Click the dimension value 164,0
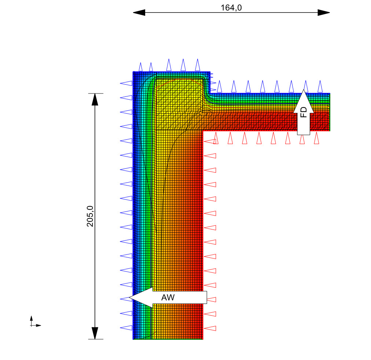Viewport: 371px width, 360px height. point(231,8)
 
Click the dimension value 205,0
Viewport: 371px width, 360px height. point(90,216)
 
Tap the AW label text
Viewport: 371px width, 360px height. point(168,297)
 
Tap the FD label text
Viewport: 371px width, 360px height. point(303,112)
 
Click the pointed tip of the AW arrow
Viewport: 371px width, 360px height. point(129,298)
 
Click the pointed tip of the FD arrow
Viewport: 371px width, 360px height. point(304,90)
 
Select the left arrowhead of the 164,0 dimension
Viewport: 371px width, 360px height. point(139,12)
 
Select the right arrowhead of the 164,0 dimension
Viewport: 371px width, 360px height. point(324,12)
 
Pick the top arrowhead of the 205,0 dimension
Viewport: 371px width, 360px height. point(95,99)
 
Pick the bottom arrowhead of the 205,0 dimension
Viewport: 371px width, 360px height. point(95,333)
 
